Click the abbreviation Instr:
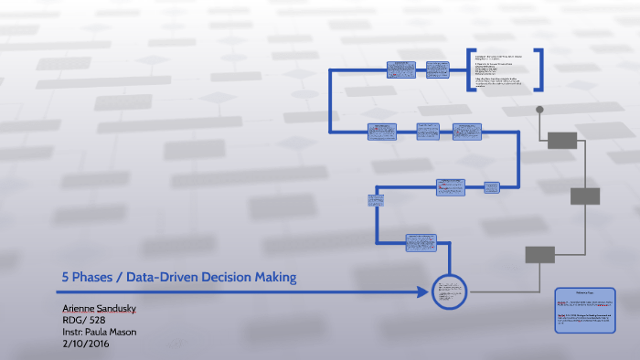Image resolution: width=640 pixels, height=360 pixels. pos(73,332)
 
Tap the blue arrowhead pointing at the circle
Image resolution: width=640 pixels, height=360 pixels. pos(423,291)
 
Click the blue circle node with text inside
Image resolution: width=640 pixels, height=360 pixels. pos(449,291)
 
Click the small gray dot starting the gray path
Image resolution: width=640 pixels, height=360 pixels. pos(540,110)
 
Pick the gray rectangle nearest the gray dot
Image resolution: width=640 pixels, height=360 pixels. pos(561,140)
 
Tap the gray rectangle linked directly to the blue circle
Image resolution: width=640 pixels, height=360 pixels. pos(539,254)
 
